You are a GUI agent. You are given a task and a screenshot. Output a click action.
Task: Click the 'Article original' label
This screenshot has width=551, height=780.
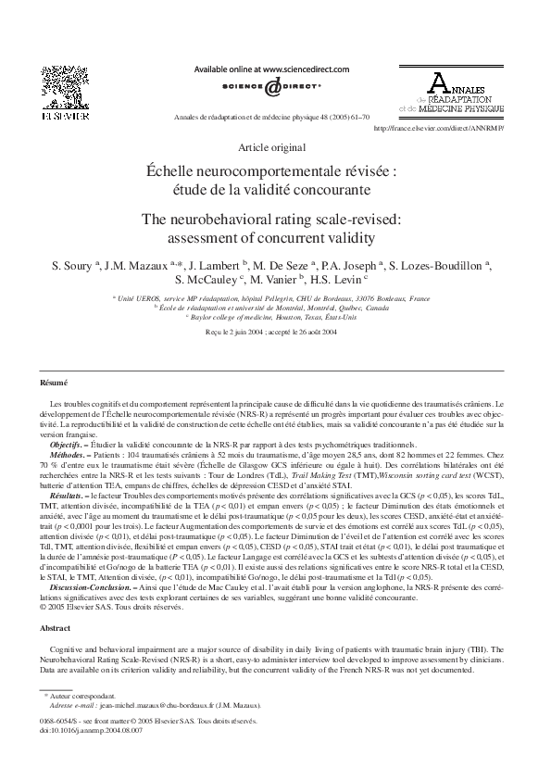271,147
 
